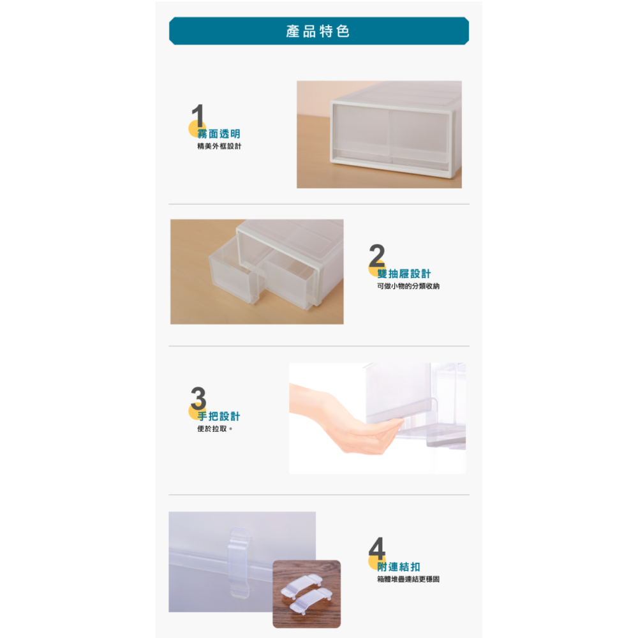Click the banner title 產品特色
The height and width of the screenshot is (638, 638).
click(x=318, y=31)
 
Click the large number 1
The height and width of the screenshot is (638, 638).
click(x=198, y=116)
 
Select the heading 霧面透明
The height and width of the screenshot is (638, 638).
click(x=219, y=134)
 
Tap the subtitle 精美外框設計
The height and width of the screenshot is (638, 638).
click(x=219, y=147)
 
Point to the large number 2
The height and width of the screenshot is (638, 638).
click(x=377, y=256)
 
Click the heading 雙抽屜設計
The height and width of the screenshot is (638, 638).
click(x=404, y=274)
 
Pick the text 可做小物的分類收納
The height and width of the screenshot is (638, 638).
click(x=408, y=286)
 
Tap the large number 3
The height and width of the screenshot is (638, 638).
click(x=198, y=399)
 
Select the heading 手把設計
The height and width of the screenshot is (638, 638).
click(x=219, y=416)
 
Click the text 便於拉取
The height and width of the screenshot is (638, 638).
click(x=215, y=429)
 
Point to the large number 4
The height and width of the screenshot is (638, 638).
click(x=377, y=549)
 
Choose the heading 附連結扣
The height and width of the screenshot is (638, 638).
click(x=399, y=567)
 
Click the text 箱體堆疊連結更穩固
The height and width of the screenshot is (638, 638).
click(x=408, y=579)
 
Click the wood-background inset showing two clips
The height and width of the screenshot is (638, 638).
click(x=306, y=593)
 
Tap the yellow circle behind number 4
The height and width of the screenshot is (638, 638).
click(x=374, y=561)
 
